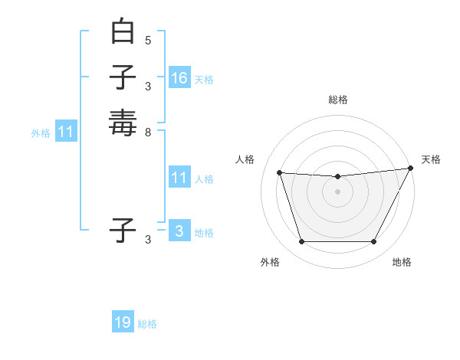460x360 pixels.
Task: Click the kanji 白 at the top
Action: point(123,33)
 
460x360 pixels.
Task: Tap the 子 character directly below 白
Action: point(123,78)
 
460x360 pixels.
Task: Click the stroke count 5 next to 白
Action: point(148,40)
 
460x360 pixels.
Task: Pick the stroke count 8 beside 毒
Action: point(148,131)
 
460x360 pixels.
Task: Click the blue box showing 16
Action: point(179,78)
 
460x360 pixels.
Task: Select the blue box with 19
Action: point(123,322)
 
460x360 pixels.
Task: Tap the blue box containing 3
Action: point(179,231)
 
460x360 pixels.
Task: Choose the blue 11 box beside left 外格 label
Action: point(66,132)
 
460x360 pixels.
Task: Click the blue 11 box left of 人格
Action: point(179,178)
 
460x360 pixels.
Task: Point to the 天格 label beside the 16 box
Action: point(204,80)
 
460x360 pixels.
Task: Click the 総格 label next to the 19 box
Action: point(147,324)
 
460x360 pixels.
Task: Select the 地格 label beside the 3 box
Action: point(204,233)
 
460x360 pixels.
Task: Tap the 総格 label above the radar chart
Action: point(338,100)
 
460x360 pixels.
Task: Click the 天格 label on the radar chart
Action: point(431,159)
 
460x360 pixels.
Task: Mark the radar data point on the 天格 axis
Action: point(412,169)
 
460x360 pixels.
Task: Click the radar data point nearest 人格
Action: point(279,173)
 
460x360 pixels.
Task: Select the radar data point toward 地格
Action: point(374,242)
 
